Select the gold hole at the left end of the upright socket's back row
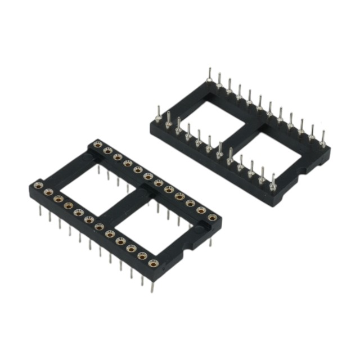pyautogui.click(x=97, y=144)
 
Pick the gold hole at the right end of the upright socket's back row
pyautogui.click(x=212, y=217)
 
